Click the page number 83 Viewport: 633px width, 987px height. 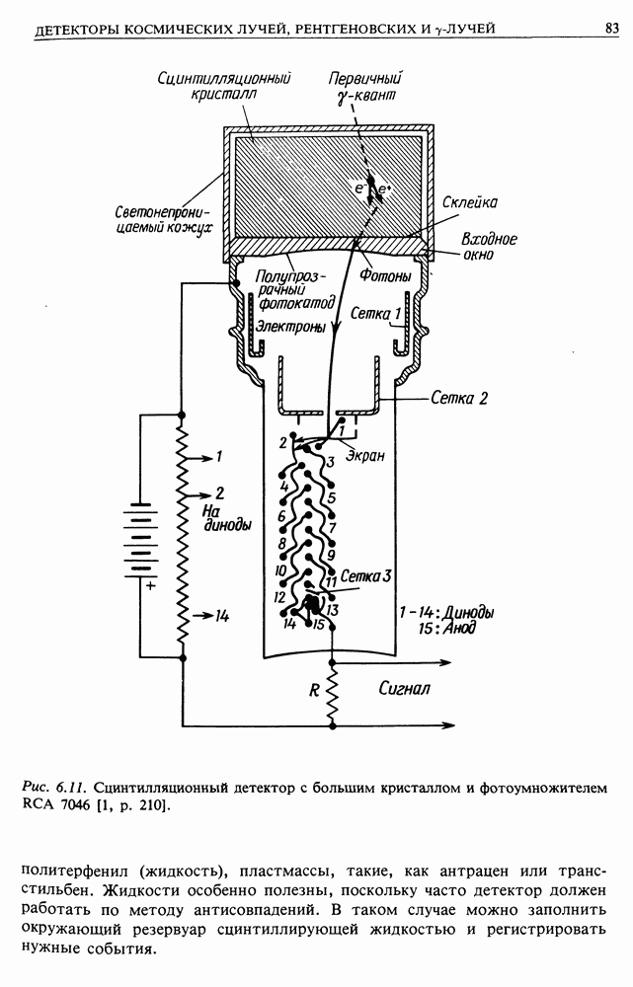coord(611,29)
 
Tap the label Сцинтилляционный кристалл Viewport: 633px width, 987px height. coord(230,87)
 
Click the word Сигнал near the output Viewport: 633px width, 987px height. coord(404,689)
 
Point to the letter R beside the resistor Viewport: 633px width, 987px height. coord(313,691)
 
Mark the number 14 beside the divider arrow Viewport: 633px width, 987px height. coord(220,616)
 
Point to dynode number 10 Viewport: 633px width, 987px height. coord(280,570)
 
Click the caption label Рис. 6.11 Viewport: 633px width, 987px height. coord(56,788)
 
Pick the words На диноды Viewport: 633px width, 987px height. coord(228,518)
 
